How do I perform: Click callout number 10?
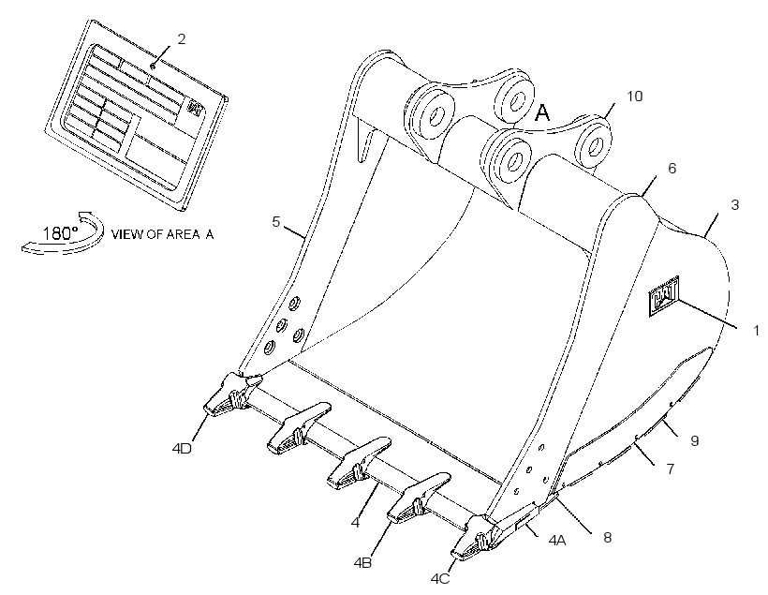(634, 97)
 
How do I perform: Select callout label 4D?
(182, 448)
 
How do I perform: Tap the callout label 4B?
(362, 563)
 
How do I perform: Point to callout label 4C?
(440, 579)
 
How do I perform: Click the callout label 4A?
(557, 540)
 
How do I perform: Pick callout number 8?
(607, 538)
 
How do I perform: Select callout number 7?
(671, 469)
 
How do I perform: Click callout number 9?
(695, 440)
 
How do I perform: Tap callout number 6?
(672, 168)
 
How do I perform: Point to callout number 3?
(734, 205)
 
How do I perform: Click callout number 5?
(275, 221)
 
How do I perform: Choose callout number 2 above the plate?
(181, 39)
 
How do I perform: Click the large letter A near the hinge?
(542, 112)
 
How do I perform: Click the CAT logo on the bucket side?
(664, 295)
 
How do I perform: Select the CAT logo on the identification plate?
(196, 108)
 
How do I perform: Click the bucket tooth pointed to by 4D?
(231, 395)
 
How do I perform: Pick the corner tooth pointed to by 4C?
(477, 539)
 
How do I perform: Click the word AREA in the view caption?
(183, 234)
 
